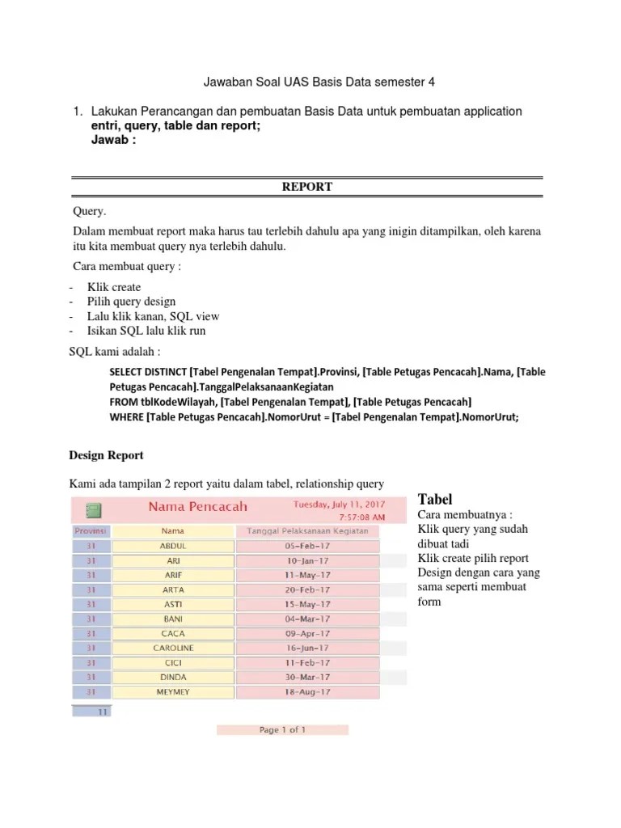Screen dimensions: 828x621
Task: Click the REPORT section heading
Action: coord(306,187)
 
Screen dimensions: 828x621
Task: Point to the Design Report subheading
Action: coord(108,455)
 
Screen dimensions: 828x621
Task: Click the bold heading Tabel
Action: coord(434,498)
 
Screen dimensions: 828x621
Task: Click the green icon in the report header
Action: coord(93,510)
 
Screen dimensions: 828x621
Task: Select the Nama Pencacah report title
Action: coord(197,507)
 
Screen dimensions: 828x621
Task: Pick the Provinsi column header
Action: coord(91,531)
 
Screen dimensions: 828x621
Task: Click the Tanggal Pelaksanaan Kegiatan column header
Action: coord(307,531)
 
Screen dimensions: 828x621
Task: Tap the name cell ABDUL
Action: coord(173,546)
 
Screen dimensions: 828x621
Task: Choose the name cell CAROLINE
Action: coord(173,648)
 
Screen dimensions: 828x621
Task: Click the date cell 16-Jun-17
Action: coord(307,648)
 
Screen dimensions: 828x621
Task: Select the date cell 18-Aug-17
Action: coord(307,691)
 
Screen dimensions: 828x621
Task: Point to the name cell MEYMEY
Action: coord(173,691)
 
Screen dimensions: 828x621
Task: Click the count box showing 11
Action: coord(93,712)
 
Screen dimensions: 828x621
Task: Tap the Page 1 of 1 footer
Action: coord(282,730)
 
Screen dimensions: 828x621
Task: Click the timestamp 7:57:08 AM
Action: coord(361,516)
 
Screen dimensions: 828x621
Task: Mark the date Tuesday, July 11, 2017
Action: coord(338,503)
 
